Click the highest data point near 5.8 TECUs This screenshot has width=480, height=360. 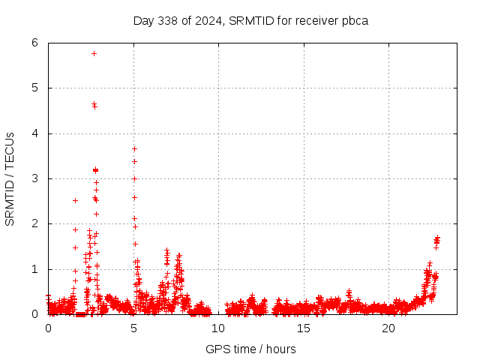(x=94, y=53)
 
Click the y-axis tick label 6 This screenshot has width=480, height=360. (x=35, y=43)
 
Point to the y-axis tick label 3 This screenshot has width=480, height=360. (x=35, y=178)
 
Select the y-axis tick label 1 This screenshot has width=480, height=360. (x=35, y=269)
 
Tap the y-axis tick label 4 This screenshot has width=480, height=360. (x=35, y=133)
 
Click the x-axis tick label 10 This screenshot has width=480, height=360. (x=218, y=328)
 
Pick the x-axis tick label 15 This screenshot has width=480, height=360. (x=304, y=328)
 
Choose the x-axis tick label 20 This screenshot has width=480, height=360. (x=388, y=328)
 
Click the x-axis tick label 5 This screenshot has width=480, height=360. (x=133, y=328)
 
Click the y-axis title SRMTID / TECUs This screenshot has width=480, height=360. (x=10, y=178)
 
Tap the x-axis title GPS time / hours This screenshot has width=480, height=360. (x=250, y=349)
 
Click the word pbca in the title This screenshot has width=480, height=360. (x=354, y=20)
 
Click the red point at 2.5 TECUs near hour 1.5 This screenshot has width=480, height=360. (x=75, y=200)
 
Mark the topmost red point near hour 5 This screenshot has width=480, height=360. (x=134, y=148)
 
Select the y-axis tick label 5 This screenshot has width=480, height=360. (x=35, y=88)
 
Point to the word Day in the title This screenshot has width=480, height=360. (x=143, y=20)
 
